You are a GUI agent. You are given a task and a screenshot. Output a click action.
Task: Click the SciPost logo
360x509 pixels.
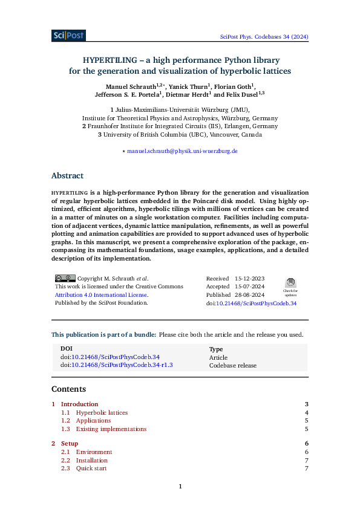(68, 36)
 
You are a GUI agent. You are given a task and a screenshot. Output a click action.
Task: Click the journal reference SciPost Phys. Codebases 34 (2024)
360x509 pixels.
(263, 37)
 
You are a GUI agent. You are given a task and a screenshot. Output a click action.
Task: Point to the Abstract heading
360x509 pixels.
(67, 176)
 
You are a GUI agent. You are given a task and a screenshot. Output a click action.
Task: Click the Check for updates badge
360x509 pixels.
(290, 285)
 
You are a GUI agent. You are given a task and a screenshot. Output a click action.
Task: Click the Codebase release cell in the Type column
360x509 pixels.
(233, 365)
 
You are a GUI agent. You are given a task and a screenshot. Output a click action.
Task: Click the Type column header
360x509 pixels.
(216, 349)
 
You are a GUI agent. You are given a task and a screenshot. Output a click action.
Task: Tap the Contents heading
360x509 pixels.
(68, 389)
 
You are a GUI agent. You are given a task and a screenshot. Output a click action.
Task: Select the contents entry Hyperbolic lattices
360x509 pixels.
(102, 413)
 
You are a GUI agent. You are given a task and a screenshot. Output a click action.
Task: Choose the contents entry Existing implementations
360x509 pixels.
(111, 429)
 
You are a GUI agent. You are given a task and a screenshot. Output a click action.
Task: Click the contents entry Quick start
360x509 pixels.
(91, 468)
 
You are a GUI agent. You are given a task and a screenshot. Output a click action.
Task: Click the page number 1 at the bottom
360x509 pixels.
(180, 487)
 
